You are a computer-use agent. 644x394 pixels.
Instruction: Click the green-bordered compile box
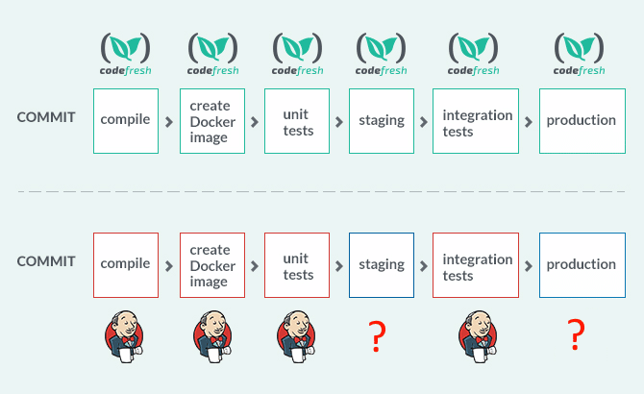click(126, 121)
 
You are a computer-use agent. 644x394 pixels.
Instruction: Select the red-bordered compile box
click(126, 265)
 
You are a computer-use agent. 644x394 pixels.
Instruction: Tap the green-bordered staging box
click(382, 121)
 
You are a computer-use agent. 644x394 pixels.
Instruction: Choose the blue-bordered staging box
click(382, 265)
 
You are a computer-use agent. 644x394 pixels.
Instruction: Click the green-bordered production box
click(582, 121)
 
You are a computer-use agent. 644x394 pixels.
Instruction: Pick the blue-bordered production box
click(582, 265)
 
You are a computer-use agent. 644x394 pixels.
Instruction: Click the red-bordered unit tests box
click(297, 265)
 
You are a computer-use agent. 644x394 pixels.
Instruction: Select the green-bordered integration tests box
click(476, 121)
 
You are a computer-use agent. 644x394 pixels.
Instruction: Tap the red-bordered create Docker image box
click(212, 265)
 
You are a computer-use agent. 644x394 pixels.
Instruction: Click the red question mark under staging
click(377, 336)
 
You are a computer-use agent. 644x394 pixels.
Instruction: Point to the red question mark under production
click(576, 334)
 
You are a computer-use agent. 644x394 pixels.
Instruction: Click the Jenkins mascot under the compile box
click(124, 336)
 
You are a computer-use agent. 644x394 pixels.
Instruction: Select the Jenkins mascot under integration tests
click(478, 336)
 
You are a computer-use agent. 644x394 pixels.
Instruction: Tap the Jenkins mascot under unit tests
click(296, 336)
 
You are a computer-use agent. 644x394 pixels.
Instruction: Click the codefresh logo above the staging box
click(382, 54)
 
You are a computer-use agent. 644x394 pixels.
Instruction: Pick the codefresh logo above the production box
click(579, 54)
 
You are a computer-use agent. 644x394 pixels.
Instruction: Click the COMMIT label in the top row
click(46, 117)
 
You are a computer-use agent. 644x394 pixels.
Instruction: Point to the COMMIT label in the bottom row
click(46, 261)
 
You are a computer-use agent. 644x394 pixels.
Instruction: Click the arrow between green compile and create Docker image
click(169, 122)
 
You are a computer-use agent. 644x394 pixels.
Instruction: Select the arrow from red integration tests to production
click(529, 266)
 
